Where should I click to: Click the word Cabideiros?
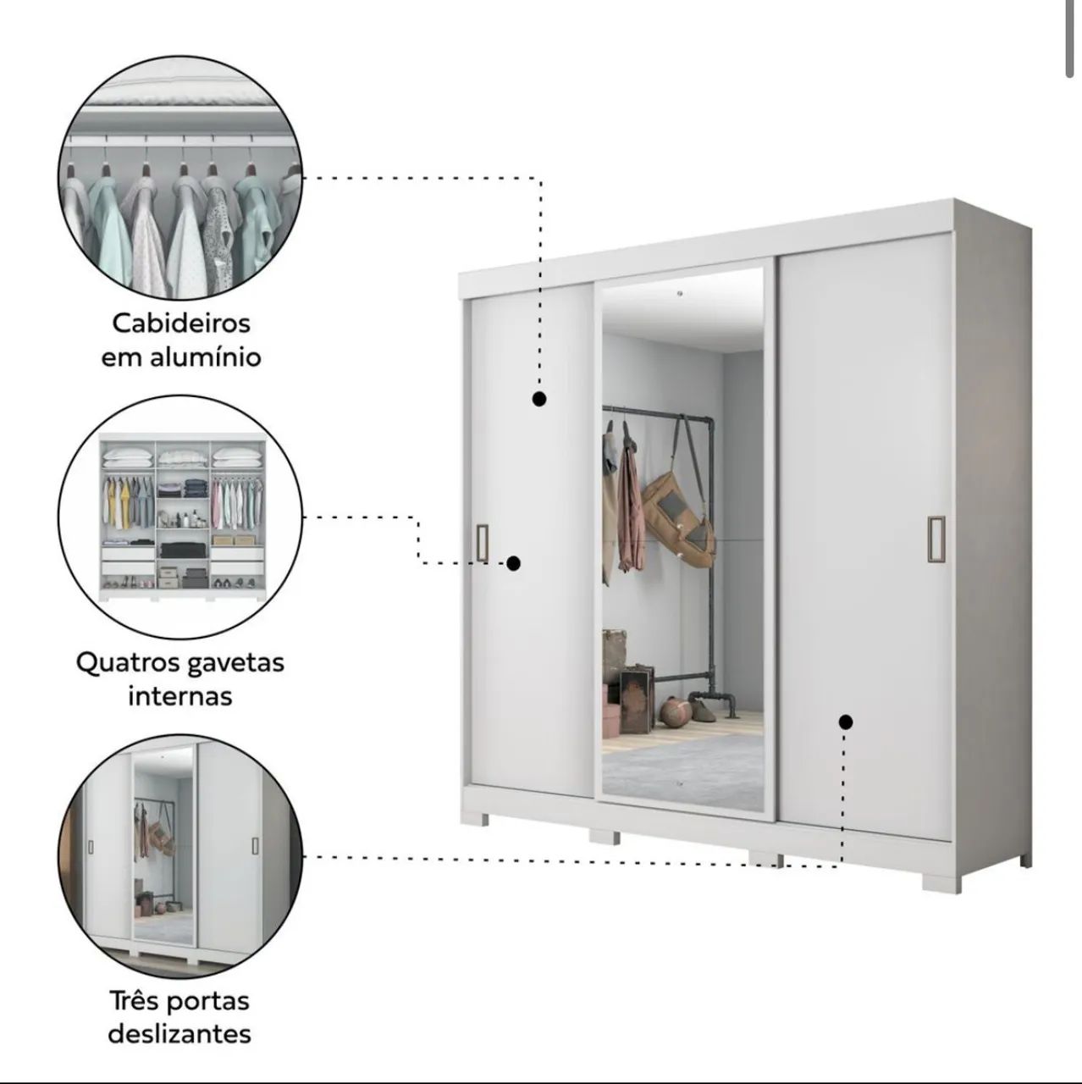(181, 324)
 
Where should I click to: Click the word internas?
(180, 696)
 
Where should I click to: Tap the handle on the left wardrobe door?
(483, 543)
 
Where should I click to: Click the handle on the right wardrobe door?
(936, 539)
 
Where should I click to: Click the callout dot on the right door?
(846, 722)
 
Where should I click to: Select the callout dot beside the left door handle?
(513, 563)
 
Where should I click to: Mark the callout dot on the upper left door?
(538, 399)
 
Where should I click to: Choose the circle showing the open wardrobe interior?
(180, 517)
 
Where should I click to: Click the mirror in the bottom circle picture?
(163, 843)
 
